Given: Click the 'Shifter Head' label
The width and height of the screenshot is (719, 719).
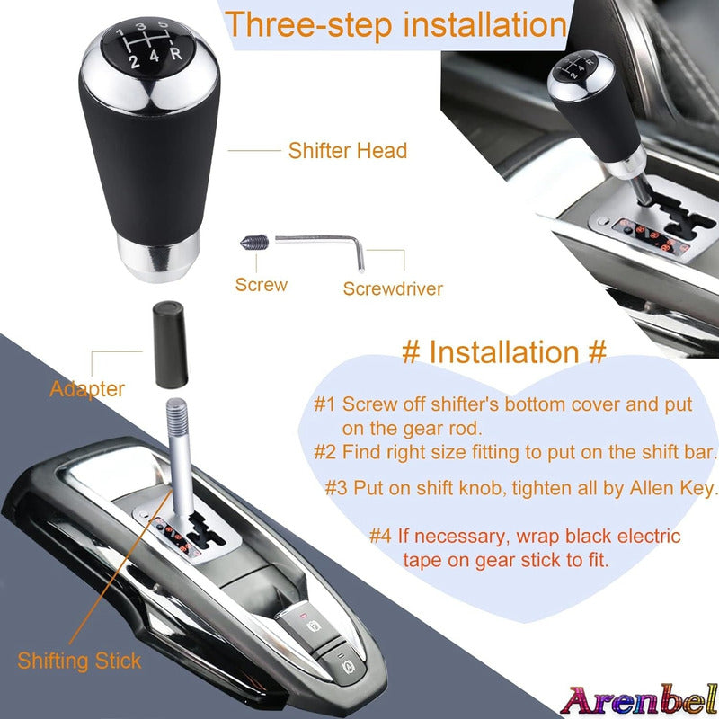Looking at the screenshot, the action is [x=348, y=151].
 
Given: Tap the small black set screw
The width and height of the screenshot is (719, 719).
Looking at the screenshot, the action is [x=254, y=243].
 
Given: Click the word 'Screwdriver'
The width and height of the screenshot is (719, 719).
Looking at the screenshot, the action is [x=393, y=288].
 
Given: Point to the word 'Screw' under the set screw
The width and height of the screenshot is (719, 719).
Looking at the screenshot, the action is [x=262, y=285].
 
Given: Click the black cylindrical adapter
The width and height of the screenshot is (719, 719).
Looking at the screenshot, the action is [x=170, y=344].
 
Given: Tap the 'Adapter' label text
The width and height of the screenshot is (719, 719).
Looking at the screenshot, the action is [x=87, y=389].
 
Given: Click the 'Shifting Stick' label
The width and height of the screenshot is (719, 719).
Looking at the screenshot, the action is [x=79, y=661].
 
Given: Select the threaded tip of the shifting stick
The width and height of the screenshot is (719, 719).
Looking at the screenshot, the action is [x=177, y=415].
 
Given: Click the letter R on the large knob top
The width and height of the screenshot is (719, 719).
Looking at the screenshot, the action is [x=176, y=54].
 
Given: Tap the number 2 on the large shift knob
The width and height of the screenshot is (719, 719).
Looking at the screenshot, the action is [x=134, y=61].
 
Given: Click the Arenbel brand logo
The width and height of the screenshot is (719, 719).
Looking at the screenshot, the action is [x=639, y=701].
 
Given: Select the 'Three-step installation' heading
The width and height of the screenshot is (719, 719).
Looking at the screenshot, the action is [x=395, y=24].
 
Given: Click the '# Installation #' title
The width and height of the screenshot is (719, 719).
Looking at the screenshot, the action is [x=504, y=352].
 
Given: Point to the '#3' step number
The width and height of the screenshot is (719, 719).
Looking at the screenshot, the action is [x=336, y=488].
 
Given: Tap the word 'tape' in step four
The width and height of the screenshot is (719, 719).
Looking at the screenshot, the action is [x=422, y=560].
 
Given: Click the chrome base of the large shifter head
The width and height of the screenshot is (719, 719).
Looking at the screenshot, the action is [x=158, y=256].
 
